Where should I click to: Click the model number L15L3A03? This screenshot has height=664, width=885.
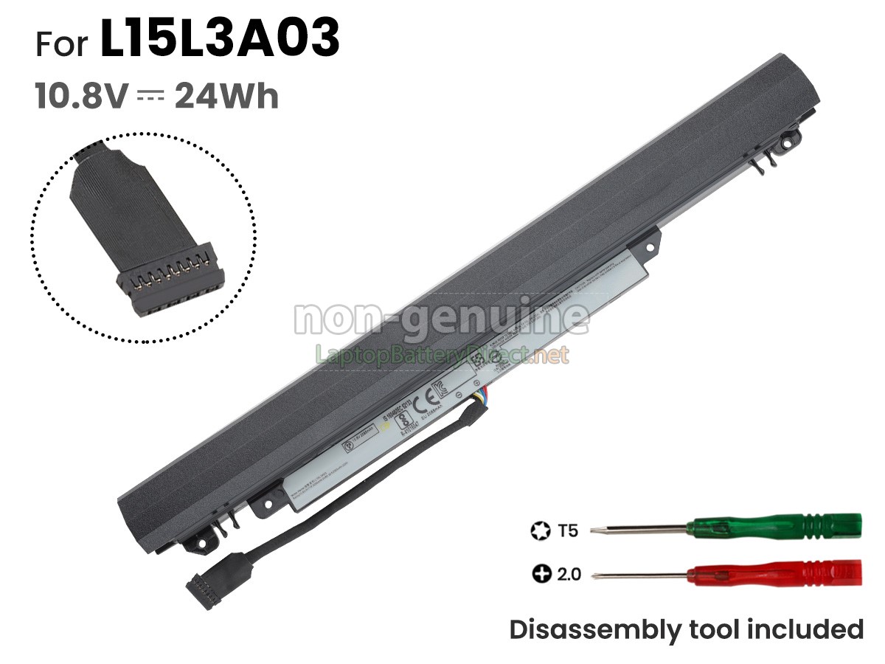coord(219,41)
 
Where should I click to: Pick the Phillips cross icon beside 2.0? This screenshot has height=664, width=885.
coord(541,573)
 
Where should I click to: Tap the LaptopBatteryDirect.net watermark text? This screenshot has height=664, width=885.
coord(442,356)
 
